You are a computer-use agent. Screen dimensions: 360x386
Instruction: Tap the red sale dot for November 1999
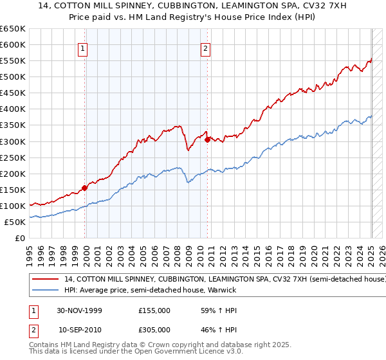85,188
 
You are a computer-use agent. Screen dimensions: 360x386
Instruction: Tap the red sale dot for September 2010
207,139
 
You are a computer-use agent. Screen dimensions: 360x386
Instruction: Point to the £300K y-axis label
13,141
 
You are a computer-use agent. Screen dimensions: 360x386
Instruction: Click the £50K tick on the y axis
15,222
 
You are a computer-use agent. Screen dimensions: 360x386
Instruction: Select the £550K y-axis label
13,61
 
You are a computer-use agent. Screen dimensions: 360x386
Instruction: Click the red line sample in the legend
45,280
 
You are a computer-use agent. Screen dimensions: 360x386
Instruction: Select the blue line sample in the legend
45,291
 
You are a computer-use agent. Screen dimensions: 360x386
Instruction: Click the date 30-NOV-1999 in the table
80,310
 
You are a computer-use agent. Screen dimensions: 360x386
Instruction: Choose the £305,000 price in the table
154,329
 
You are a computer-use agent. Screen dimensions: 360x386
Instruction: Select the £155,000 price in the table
154,310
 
